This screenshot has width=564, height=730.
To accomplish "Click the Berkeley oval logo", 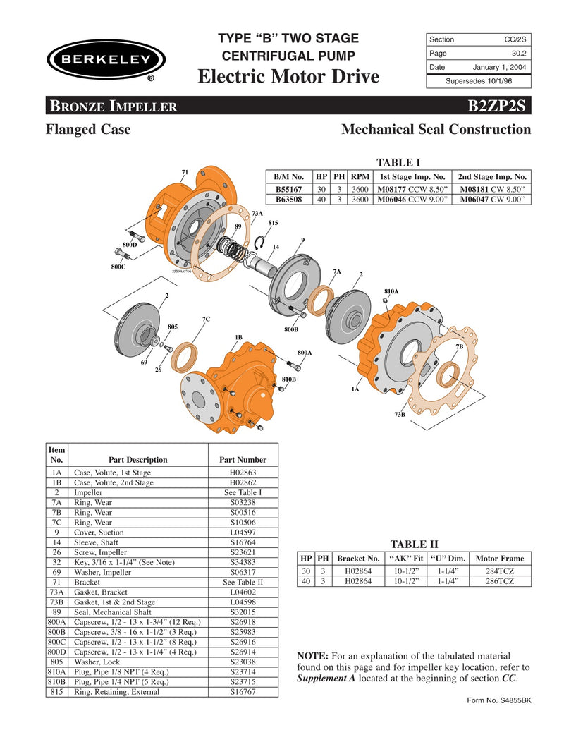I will (106, 59).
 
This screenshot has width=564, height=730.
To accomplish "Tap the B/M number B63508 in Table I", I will (288, 200).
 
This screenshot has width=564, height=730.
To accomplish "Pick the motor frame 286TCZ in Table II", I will (498, 581).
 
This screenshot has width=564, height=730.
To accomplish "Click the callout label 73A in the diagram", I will (257, 214).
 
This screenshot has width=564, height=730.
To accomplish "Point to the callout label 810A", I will (391, 291).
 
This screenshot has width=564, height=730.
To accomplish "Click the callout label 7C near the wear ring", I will (206, 320).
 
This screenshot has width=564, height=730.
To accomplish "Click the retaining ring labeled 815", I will (259, 243).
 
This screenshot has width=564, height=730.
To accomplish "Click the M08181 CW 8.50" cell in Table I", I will (493, 189).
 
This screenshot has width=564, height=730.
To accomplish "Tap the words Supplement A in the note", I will (326, 679).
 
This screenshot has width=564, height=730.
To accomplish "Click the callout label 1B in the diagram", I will (239, 338).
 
